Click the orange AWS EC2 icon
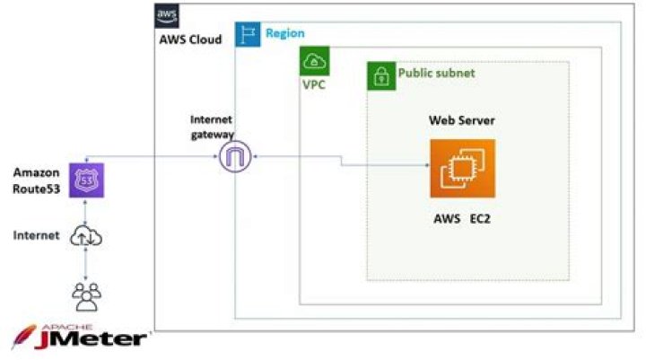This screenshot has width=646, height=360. (x=462, y=168)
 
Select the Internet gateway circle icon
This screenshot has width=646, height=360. (x=234, y=159)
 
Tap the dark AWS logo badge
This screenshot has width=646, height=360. (x=167, y=15)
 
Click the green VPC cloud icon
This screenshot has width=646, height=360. (x=314, y=61)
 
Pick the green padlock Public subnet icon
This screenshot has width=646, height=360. (x=380, y=75)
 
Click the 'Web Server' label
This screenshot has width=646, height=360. (x=461, y=120)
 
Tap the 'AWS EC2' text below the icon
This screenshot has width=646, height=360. (x=461, y=219)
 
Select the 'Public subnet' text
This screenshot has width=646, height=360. (x=436, y=73)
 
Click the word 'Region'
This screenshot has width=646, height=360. (x=285, y=33)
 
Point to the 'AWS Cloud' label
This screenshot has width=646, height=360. (x=190, y=40)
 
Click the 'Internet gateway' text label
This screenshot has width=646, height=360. (x=212, y=127)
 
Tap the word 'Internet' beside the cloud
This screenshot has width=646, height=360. (x=36, y=235)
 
